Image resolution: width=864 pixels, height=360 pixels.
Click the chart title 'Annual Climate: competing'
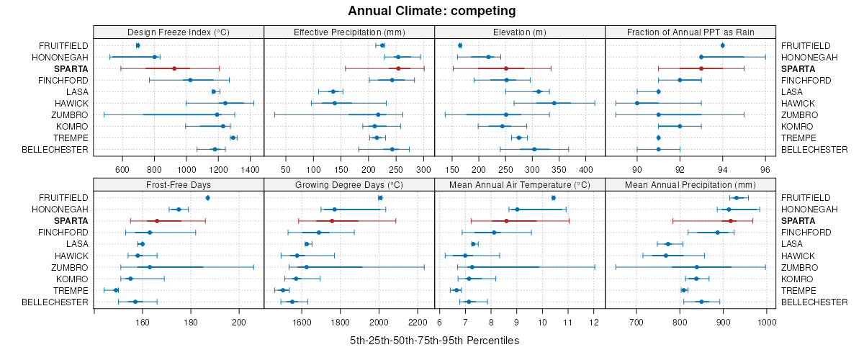point(431,11)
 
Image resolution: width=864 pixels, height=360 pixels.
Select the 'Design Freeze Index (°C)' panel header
point(179,32)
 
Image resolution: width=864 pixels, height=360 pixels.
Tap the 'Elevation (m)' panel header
point(520,32)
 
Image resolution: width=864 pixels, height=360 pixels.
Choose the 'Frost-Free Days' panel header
point(179,184)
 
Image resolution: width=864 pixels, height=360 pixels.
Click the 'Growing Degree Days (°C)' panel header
point(349,184)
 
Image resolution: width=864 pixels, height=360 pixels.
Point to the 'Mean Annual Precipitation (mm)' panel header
point(690,184)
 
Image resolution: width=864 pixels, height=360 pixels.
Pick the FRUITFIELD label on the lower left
point(63,198)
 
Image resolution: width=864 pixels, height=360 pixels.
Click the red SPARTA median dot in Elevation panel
point(506,68)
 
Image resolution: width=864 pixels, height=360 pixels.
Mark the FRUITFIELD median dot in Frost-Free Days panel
point(207,198)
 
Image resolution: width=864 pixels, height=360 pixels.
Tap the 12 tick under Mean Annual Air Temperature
point(594,322)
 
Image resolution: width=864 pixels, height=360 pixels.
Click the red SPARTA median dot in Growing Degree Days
point(332,221)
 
